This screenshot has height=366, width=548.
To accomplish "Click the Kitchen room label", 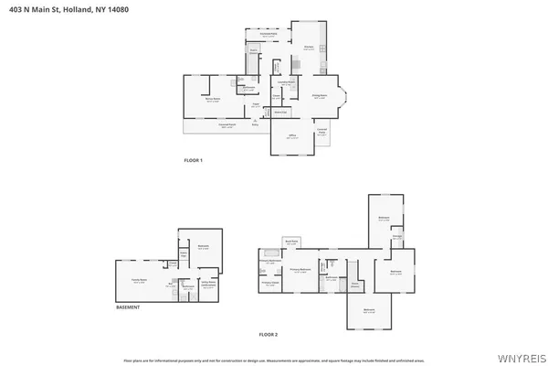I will (309, 48).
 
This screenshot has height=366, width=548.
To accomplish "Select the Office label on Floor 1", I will (293, 138).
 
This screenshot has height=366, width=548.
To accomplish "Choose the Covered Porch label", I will (228, 126).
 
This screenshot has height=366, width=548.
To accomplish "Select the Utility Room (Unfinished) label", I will (208, 284).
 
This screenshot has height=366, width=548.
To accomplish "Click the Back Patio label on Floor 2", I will (292, 242).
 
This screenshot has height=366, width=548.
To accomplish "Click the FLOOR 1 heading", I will (194, 161).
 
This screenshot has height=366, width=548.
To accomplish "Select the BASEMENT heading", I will (128, 307).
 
